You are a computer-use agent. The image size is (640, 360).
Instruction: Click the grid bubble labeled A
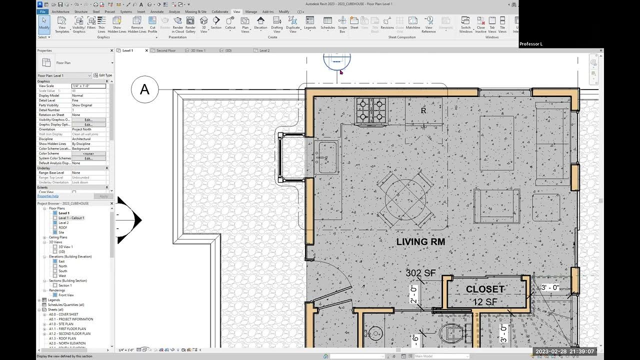tap(144, 89)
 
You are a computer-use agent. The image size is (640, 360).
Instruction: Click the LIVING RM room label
tap(420, 242)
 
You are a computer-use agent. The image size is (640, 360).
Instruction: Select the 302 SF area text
tap(420, 273)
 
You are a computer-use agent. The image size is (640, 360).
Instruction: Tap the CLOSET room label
tap(485, 289)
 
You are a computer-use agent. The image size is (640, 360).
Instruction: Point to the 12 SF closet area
tap(485, 302)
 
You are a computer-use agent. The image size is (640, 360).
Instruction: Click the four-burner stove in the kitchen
tap(370, 111)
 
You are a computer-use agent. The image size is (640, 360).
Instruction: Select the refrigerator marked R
tap(423, 111)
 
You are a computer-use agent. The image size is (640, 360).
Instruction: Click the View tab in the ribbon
tap(236, 11)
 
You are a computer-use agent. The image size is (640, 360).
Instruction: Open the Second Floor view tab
tap(166, 50)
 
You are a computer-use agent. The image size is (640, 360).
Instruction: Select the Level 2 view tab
tap(264, 50)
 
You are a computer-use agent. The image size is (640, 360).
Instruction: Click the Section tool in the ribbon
tap(216, 23)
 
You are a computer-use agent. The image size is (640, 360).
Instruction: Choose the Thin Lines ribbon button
tap(101, 23)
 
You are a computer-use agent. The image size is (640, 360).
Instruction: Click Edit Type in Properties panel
tap(103, 75)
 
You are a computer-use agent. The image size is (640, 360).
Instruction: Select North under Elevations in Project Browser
tap(62, 266)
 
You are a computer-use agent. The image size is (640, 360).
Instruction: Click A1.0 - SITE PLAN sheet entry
tap(65, 324)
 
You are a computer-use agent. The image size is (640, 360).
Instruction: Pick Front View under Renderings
tap(66, 295)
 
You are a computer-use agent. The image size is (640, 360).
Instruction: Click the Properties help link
tap(48, 196)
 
